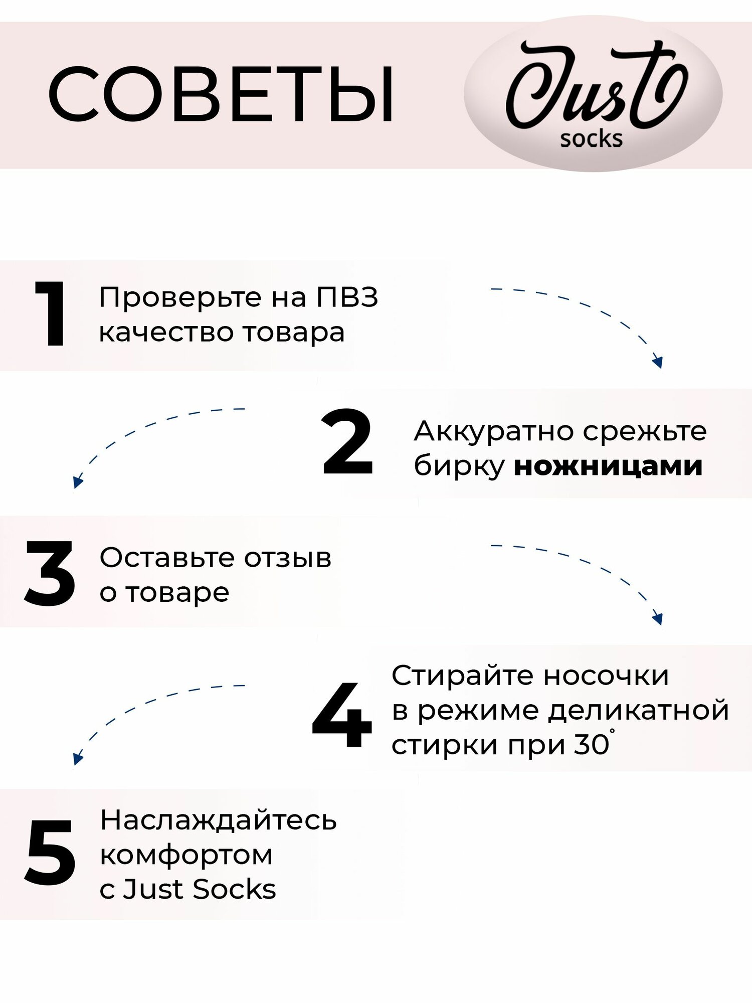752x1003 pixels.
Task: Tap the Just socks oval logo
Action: (593, 94)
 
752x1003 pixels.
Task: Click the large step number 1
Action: (51, 314)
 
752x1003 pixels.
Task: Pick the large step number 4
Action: (342, 714)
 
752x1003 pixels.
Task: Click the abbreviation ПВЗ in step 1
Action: (347, 297)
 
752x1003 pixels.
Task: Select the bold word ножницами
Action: (608, 466)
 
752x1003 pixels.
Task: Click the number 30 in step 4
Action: (592, 745)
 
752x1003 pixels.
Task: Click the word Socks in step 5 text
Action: (234, 889)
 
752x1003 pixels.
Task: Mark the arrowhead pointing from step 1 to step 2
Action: (658, 362)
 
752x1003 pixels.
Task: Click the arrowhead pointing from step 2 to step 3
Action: (77, 482)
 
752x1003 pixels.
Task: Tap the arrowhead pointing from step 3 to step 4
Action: (658, 618)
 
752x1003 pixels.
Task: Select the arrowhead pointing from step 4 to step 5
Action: (77, 758)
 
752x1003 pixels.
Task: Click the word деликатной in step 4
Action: (638, 711)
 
